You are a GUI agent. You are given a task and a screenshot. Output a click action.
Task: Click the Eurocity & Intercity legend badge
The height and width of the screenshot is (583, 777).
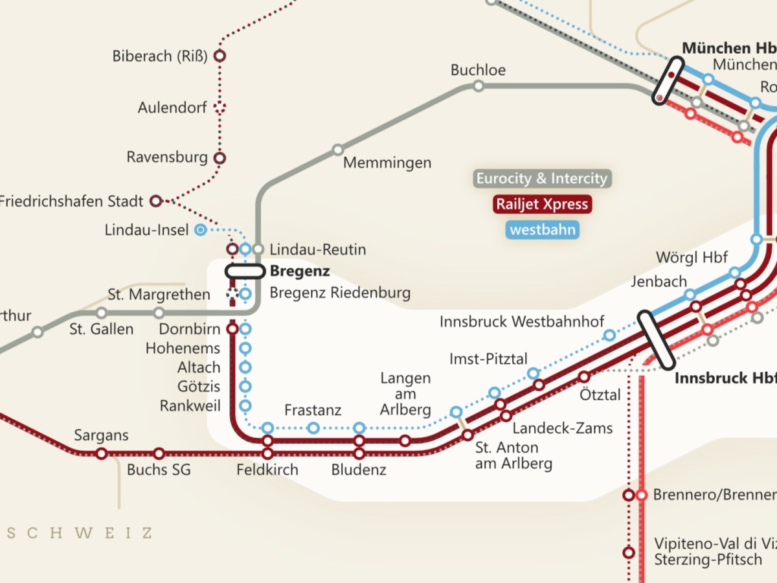[x=541, y=179]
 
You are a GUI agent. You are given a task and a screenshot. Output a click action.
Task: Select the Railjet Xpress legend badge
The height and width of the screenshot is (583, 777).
[x=541, y=205]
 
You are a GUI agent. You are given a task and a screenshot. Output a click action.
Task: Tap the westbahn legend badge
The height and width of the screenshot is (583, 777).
[x=541, y=230]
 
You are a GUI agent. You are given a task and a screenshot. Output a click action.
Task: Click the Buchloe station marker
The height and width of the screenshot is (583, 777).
[x=478, y=86]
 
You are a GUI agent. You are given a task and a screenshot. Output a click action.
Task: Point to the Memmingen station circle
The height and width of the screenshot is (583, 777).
[x=337, y=150]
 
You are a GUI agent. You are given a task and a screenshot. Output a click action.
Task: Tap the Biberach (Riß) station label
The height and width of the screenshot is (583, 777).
[x=160, y=56]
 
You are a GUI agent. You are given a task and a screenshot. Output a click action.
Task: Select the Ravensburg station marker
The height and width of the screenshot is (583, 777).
[x=220, y=157]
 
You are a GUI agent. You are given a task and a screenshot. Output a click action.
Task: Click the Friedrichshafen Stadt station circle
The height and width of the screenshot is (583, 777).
[x=155, y=201]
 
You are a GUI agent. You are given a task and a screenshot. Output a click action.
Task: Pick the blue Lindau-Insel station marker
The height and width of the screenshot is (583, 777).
[x=201, y=229]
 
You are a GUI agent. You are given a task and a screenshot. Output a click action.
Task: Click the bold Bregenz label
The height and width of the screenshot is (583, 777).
[x=300, y=271]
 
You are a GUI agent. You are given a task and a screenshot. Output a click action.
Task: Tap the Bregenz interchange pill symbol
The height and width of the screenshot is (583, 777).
[x=245, y=271]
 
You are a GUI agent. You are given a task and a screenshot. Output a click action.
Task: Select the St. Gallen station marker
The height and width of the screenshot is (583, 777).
[x=102, y=313]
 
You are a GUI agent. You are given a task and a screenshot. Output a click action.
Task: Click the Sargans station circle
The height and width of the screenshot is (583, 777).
[x=101, y=453]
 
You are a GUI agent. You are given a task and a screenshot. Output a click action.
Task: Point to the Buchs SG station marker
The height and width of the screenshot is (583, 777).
[x=159, y=453]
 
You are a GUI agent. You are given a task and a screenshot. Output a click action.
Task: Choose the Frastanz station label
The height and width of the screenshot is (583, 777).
[x=313, y=411]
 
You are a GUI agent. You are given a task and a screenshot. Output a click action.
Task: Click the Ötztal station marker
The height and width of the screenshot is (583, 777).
[x=584, y=376]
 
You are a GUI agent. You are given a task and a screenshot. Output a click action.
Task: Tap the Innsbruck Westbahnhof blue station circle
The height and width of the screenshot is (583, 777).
[x=609, y=335]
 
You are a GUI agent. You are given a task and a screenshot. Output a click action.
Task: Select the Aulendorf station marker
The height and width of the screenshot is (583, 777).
[x=220, y=108]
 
